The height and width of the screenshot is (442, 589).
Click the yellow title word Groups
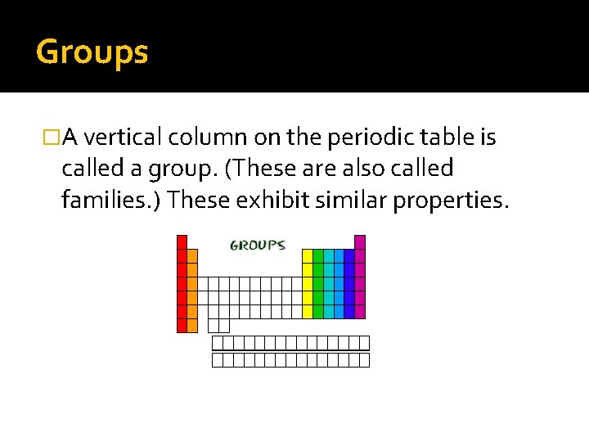(92, 52)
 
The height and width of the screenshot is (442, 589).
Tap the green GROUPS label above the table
(257, 245)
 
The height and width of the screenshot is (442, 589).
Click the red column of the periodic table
(182, 286)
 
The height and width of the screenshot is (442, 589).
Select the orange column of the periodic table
(192, 291)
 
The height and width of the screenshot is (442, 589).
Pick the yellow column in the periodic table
(308, 283)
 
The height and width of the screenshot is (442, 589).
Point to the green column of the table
(318, 283)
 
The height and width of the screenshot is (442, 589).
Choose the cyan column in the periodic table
(329, 283)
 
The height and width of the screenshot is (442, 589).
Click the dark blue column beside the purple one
(349, 283)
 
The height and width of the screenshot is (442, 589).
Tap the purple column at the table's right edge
(360, 278)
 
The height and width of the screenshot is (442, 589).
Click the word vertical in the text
(132, 138)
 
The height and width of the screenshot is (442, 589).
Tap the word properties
(451, 200)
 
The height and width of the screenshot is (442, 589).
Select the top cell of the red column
(182, 241)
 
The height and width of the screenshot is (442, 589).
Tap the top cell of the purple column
(360, 241)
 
